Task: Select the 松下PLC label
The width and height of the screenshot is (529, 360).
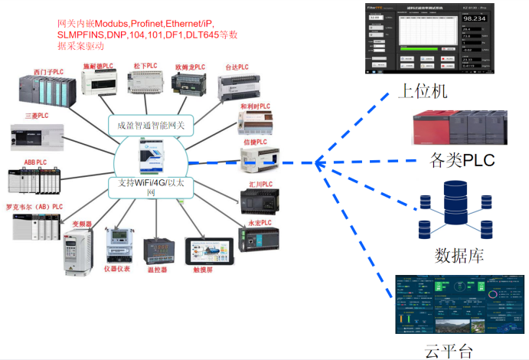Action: pos(145,67)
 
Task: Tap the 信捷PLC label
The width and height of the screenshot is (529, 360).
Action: pos(255,142)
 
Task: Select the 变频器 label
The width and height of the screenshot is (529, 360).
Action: pos(82,224)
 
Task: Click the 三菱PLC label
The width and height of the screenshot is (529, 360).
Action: pos(35,116)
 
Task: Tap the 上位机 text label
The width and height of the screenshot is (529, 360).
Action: pos(423,91)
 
